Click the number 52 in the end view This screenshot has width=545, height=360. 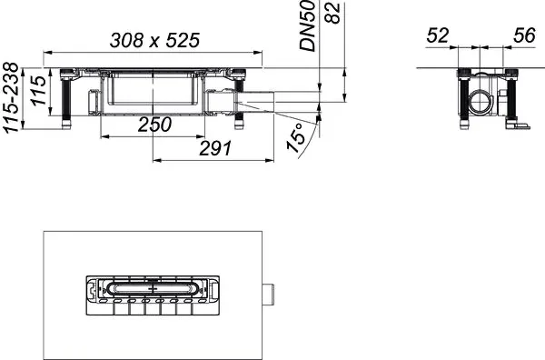pyautogui.click(x=438, y=36)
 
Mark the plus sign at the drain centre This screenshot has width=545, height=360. pyautogui.click(x=164, y=289)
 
